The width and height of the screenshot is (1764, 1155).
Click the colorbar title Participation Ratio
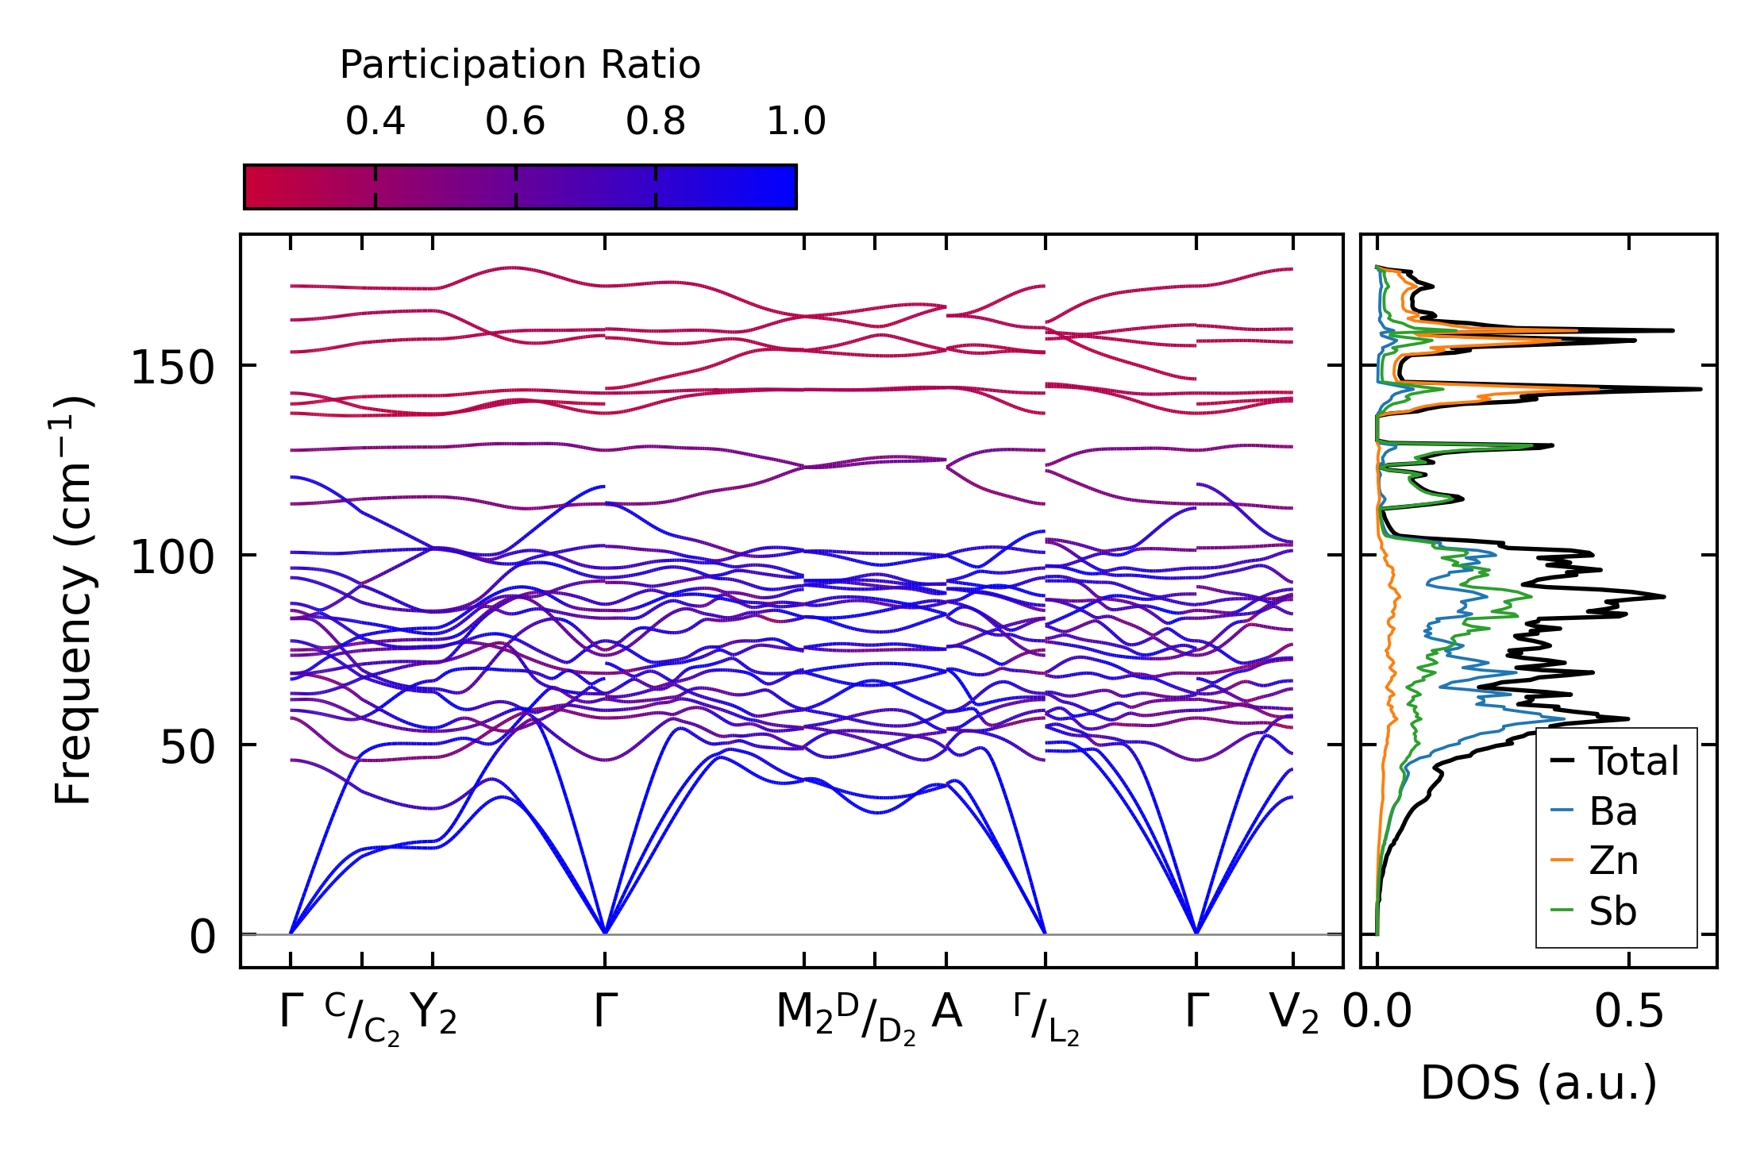tap(520, 65)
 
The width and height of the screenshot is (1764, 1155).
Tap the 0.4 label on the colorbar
tap(375, 121)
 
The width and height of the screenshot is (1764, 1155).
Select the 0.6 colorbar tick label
tap(515, 121)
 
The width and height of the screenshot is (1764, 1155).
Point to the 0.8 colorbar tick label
tap(655, 121)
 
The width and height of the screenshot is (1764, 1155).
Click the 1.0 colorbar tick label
tap(795, 121)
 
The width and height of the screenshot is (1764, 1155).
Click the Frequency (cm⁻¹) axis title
tap(75, 600)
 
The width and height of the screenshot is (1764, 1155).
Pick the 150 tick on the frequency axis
tap(172, 368)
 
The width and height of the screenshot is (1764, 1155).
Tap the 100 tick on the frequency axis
tap(172, 557)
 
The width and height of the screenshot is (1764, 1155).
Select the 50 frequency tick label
tap(187, 747)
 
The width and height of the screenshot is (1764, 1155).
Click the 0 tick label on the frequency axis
tap(202, 937)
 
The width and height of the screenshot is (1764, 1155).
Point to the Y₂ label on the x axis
tap(433, 1013)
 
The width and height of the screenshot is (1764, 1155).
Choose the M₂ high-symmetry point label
tap(804, 1013)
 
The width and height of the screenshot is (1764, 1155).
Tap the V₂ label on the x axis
tap(1293, 1013)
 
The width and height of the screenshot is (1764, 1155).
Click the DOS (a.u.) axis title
tap(1539, 1083)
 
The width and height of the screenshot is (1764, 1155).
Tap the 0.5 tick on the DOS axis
tap(1628, 1012)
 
